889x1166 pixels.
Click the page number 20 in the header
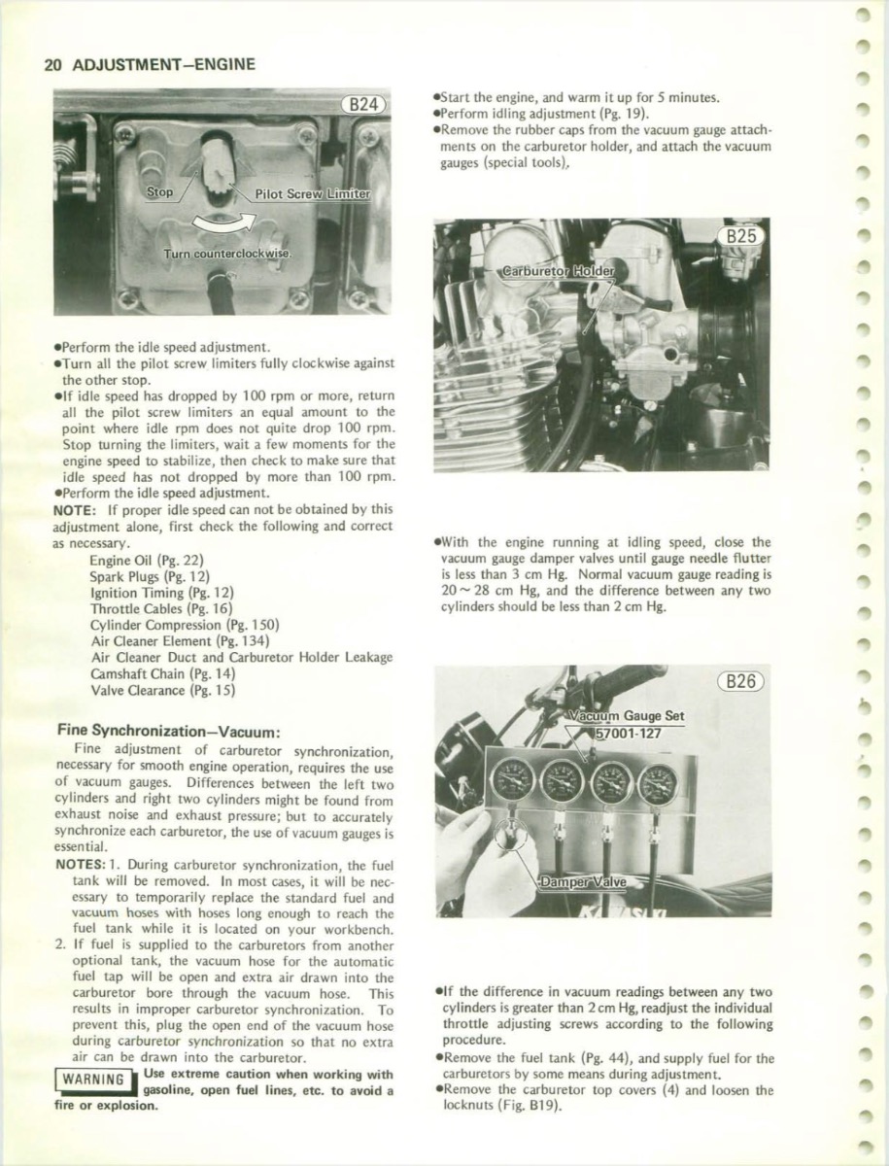(x=52, y=65)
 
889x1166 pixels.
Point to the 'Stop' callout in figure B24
(x=159, y=192)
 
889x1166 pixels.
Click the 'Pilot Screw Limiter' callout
(x=311, y=193)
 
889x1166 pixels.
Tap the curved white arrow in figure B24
(x=225, y=222)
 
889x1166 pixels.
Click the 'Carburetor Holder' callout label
(x=558, y=269)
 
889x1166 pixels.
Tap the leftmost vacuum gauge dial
(x=512, y=778)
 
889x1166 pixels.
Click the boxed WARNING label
(x=89, y=1080)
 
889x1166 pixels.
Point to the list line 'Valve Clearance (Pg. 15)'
(x=162, y=690)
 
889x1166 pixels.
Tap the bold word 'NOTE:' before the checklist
(x=75, y=508)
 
